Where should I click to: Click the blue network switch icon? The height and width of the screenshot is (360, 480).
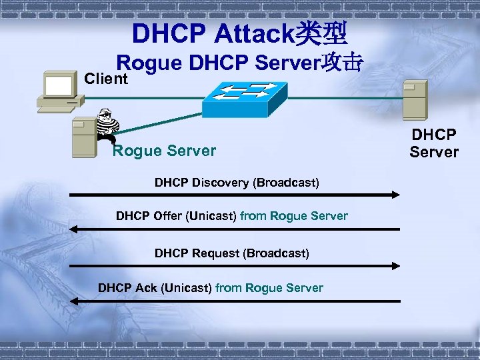coord(244,99)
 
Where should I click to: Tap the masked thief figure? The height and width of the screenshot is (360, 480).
coord(106,126)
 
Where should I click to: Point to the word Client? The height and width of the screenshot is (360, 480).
coord(106,79)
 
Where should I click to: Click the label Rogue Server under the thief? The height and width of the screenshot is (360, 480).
coord(164,151)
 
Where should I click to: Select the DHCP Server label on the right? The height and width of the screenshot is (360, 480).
coord(434,143)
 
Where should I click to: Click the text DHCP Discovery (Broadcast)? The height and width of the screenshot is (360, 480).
coord(237,182)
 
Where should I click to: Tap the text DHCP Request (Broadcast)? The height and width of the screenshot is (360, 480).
coord(231,253)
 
